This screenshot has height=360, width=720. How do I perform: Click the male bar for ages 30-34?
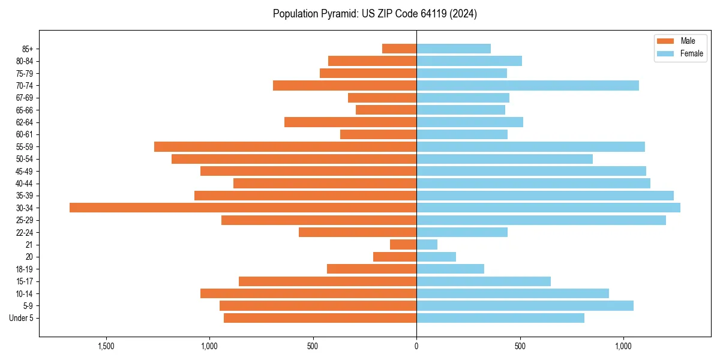(x=243, y=208)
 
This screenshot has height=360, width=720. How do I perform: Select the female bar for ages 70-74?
(x=527, y=86)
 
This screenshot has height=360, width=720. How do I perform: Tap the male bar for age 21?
(x=403, y=245)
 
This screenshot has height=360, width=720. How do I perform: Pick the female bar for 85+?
(x=454, y=49)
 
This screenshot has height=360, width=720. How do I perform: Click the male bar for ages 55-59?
(x=285, y=147)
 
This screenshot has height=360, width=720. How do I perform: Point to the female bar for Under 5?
(x=500, y=318)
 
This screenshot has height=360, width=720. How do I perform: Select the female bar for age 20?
(x=436, y=257)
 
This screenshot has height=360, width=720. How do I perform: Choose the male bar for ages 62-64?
(x=350, y=122)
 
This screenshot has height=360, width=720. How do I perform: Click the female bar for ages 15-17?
(x=484, y=281)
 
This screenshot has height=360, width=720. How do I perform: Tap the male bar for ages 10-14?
(x=308, y=293)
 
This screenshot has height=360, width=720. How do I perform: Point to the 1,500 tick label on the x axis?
(x=106, y=347)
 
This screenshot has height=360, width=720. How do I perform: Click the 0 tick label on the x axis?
(x=416, y=347)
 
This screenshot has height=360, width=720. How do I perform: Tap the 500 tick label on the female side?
(x=520, y=347)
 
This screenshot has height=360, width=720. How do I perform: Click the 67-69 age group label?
(x=25, y=98)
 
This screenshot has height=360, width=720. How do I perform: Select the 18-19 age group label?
(x=25, y=269)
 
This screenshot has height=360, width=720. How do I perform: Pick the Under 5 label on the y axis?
(x=21, y=318)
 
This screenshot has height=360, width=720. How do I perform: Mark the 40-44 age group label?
(x=25, y=184)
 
